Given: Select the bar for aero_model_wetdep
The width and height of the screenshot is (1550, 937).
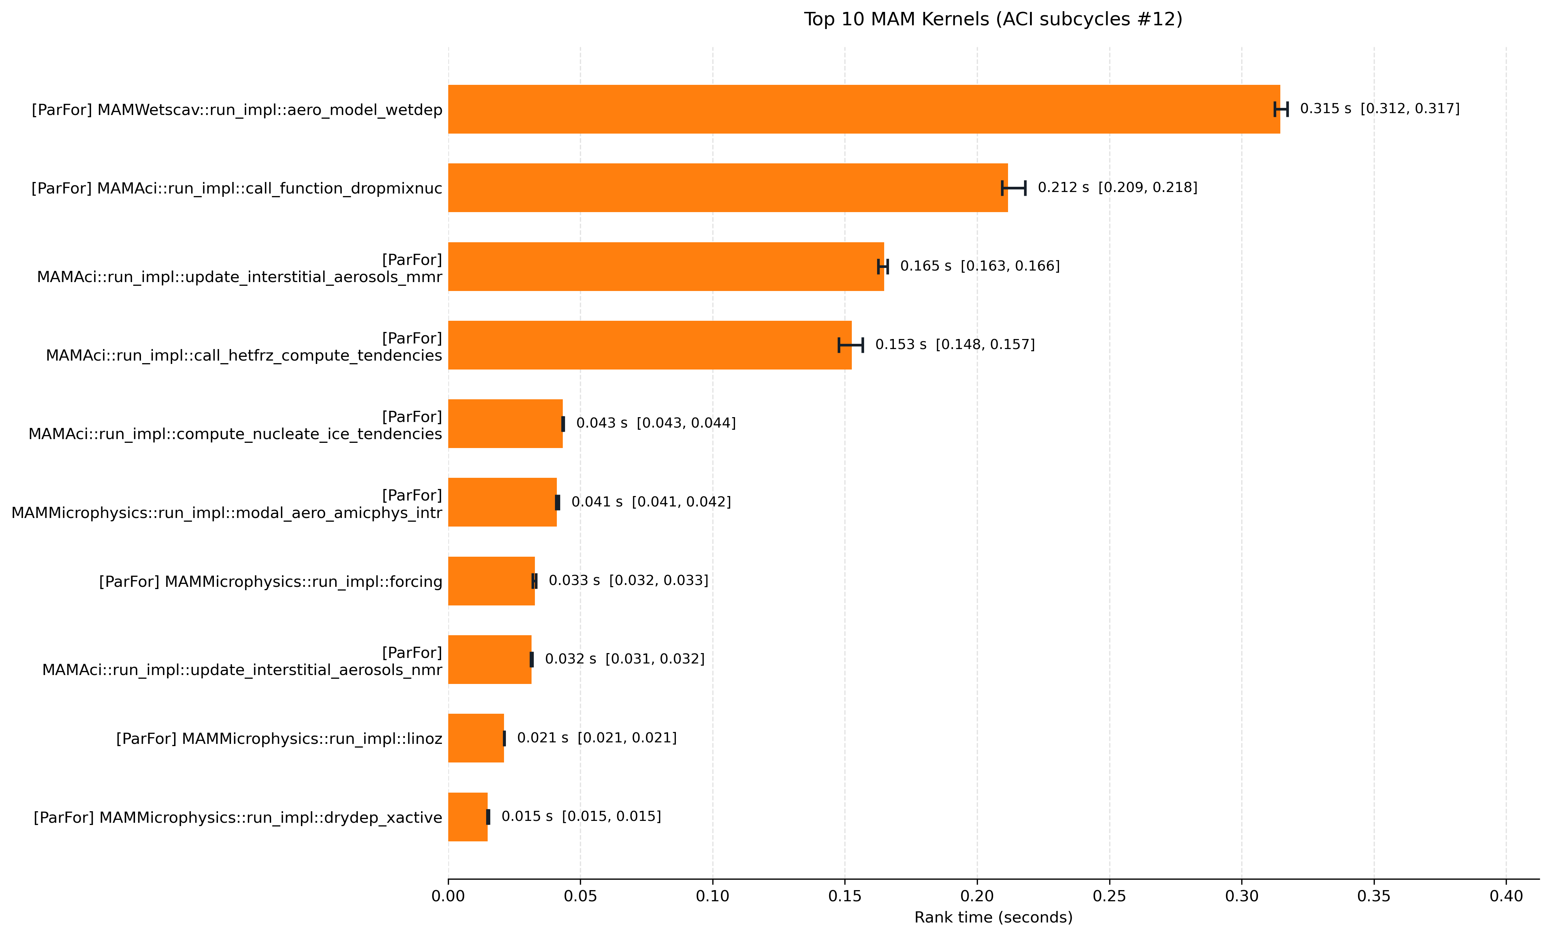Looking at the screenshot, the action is click(x=864, y=109).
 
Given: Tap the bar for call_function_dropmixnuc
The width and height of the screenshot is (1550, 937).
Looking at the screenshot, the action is click(x=728, y=188).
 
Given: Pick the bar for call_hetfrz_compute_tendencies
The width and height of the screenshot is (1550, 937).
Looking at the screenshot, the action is click(x=650, y=345).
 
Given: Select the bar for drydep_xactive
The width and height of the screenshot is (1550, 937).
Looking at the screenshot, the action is click(x=468, y=817).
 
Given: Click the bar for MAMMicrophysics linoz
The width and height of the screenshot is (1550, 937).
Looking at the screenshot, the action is click(x=476, y=738).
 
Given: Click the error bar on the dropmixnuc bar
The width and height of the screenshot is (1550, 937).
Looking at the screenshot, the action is click(x=1013, y=188).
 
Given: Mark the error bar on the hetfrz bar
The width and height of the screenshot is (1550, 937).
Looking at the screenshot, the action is click(x=850, y=345).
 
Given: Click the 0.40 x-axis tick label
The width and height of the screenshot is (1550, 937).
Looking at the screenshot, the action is click(x=1506, y=896).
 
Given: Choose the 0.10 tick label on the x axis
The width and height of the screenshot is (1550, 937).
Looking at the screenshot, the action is click(x=713, y=896).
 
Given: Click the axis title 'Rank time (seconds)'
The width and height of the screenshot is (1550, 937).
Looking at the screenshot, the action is click(x=993, y=918).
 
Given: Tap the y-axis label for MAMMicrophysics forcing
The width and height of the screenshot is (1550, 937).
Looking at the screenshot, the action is click(x=270, y=582).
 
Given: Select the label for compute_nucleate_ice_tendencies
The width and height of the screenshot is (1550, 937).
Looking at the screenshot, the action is click(x=235, y=425).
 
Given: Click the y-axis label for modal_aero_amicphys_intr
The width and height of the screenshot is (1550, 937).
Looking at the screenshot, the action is click(x=227, y=504).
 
